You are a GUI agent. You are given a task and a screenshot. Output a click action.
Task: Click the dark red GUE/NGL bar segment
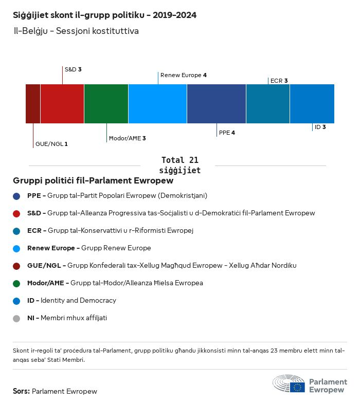(33, 104)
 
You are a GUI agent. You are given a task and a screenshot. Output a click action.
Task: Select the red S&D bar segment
(62, 104)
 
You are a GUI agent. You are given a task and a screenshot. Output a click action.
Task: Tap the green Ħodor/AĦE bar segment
(106, 104)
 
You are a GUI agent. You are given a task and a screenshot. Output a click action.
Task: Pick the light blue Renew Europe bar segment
(157, 104)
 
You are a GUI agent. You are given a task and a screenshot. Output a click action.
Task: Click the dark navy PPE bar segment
(217, 104)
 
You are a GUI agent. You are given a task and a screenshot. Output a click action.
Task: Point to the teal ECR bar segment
(268, 104)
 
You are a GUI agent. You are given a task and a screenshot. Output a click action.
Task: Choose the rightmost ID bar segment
(312, 104)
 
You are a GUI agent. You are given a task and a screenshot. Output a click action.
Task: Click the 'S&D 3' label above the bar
(73, 69)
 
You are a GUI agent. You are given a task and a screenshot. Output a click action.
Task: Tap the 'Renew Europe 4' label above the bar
(184, 75)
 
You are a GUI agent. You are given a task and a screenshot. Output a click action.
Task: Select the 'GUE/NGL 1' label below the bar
(51, 144)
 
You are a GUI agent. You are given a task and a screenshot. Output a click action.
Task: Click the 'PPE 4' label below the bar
(227, 133)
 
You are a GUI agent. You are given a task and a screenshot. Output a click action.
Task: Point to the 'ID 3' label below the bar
(320, 126)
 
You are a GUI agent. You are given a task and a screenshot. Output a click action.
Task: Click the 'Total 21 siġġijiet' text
(179, 165)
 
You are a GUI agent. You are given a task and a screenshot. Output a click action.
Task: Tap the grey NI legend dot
(16, 318)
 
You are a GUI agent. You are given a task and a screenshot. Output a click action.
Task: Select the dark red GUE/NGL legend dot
(16, 266)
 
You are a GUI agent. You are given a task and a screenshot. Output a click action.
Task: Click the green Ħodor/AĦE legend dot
(16, 283)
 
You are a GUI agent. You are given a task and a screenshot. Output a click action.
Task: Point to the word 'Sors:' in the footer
(21, 391)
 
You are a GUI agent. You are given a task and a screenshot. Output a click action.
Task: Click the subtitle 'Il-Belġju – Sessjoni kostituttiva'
(76, 31)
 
